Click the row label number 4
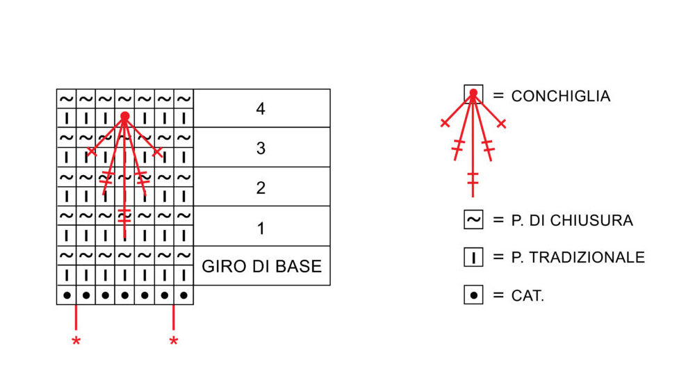(261, 109)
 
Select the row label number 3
(261, 149)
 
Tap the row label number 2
(261, 188)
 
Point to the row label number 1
(261, 228)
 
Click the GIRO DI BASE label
(261, 267)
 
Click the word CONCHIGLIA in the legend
(560, 97)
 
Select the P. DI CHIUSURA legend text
(572, 221)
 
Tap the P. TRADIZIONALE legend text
(578, 258)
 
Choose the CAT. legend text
(528, 296)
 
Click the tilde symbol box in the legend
(473, 220)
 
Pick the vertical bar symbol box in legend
(473, 258)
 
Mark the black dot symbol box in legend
(473, 295)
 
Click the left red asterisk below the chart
(76, 341)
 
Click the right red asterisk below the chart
(173, 341)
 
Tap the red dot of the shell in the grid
(124, 116)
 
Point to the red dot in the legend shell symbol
(473, 93)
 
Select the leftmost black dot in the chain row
(67, 295)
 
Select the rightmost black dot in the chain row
(183, 295)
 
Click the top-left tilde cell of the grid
(67, 99)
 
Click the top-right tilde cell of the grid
(183, 99)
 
